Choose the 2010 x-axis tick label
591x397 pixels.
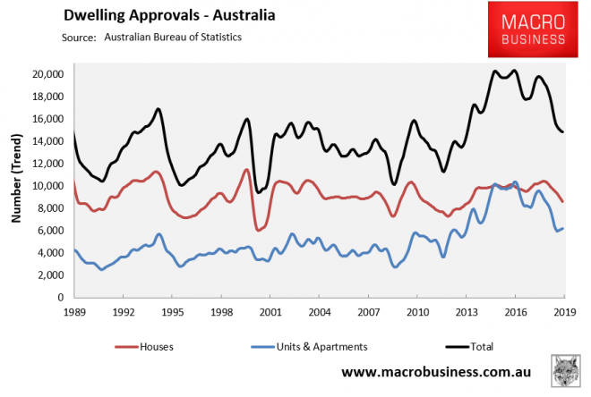click(415, 312)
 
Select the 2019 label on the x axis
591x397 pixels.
click(562, 312)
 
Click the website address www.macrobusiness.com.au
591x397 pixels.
click(436, 369)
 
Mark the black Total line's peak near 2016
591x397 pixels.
click(513, 71)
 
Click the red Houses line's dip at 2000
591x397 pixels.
click(259, 230)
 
